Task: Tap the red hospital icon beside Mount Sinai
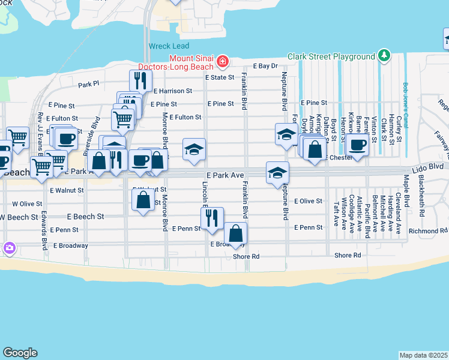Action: click(223, 61)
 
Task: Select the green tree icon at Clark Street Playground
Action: click(384, 56)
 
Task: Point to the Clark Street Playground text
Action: click(331, 56)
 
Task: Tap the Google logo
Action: click(20, 353)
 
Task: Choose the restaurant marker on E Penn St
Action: click(212, 218)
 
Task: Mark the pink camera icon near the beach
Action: click(9, 247)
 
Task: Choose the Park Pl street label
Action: click(88, 84)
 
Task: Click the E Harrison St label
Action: click(172, 91)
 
